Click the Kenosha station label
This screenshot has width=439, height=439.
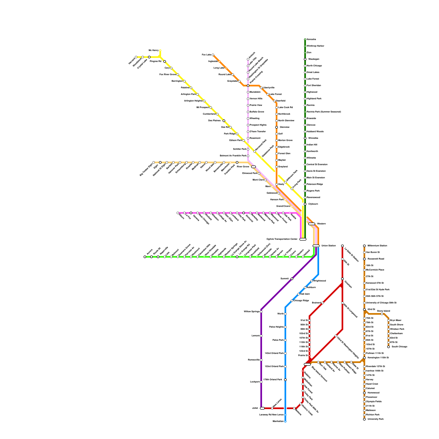(311, 40)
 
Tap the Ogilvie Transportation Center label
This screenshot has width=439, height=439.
(282, 239)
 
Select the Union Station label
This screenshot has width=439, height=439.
(328, 246)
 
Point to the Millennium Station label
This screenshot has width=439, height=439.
(377, 246)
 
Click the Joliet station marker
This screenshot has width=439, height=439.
(262, 408)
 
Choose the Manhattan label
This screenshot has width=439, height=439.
(278, 421)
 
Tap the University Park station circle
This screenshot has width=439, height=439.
(364, 419)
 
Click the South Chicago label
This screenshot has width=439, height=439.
(399, 347)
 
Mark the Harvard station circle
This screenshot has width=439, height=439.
(136, 57)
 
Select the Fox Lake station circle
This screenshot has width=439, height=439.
(213, 55)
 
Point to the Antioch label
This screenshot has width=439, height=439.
(252, 55)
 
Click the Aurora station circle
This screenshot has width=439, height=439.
(145, 257)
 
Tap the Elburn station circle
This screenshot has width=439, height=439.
(178, 213)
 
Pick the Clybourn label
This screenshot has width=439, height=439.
(313, 204)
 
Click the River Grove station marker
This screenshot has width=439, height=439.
(254, 167)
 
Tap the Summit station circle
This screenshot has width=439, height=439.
(292, 279)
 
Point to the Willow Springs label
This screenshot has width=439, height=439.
(252, 312)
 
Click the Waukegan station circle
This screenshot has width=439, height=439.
(305, 59)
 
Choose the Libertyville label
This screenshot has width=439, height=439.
(269, 88)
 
